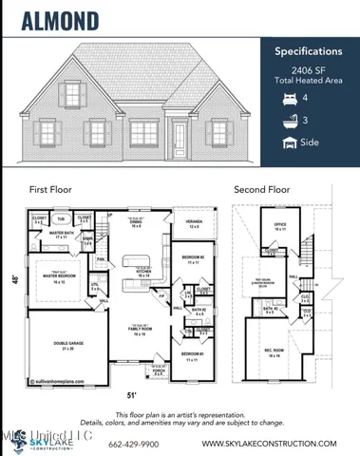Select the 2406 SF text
pyautogui.click(x=305, y=72)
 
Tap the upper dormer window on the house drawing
pyautogui.click(x=74, y=96)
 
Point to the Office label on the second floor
pyautogui.click(x=280, y=225)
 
